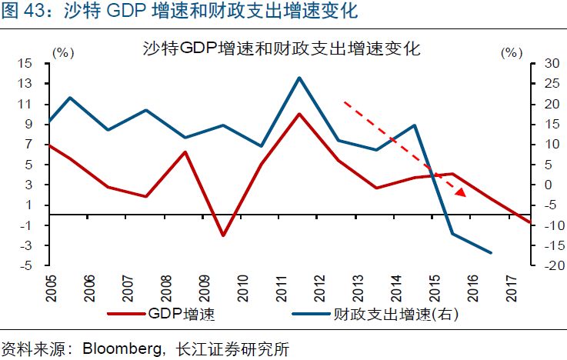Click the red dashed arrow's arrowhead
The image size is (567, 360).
[460, 192]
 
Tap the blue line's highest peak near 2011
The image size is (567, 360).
[299, 78]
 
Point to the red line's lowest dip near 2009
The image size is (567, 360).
[223, 235]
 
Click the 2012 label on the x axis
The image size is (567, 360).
[320, 288]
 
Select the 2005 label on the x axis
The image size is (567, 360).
[51, 288]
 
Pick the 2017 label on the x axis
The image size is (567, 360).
[512, 288]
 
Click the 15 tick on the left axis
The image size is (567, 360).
[25, 64]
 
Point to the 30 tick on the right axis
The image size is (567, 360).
[552, 64]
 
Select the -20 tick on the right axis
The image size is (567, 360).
[550, 265]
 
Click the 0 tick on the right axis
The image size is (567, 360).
[549, 185]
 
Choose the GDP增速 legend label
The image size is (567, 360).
[181, 314]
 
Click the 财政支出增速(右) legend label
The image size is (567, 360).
[395, 314]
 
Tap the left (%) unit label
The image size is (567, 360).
[63, 53]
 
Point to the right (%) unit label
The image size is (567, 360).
[512, 53]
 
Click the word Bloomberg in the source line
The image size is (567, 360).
[122, 349]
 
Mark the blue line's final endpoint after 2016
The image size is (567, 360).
[491, 252]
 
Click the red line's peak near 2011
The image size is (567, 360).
[299, 115]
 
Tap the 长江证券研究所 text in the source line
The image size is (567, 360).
[232, 349]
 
